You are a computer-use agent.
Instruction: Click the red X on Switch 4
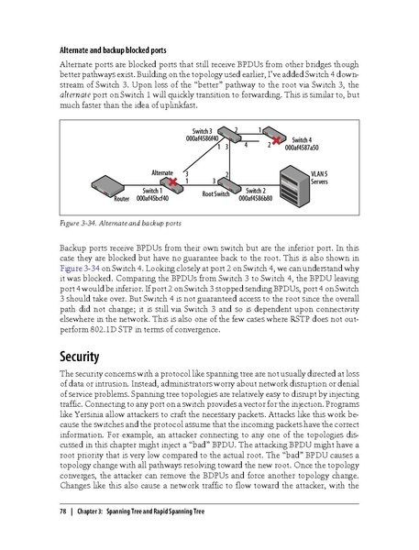coord(263,136)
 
